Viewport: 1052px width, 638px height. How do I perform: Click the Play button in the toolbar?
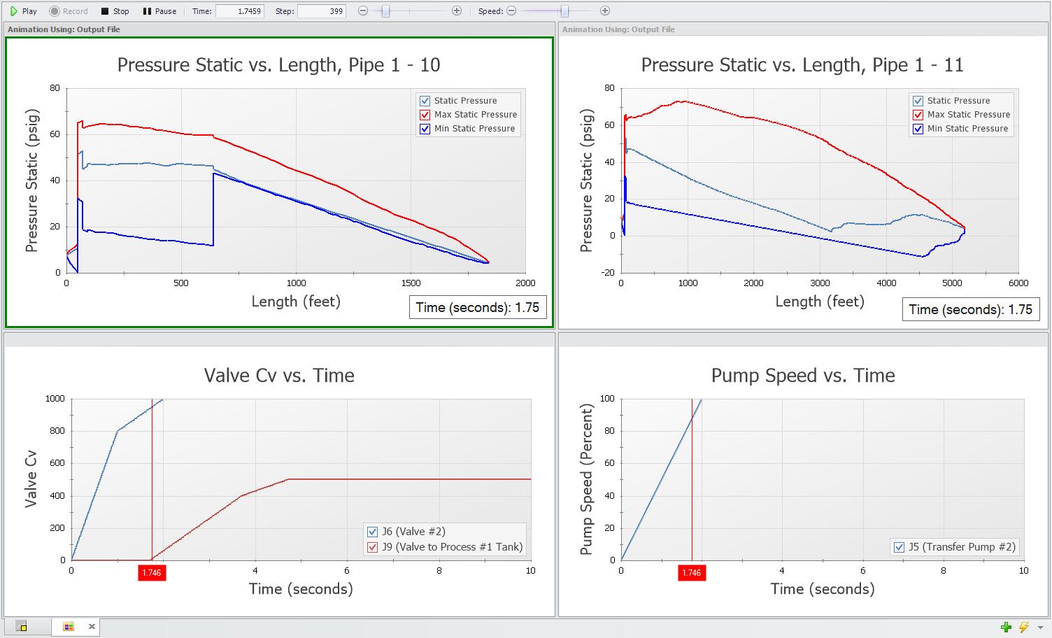tap(23, 11)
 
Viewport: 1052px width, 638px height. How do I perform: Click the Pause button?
tap(159, 11)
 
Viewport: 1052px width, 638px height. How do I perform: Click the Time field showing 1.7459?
tap(240, 11)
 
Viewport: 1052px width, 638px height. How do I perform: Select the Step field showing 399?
tap(322, 11)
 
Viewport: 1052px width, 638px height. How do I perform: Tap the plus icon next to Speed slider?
tap(605, 11)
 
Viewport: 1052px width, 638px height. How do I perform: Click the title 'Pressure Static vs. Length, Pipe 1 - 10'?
tap(278, 65)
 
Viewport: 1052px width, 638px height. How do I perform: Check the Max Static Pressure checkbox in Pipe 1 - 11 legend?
tap(918, 115)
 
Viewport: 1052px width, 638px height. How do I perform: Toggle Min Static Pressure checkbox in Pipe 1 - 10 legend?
tap(425, 129)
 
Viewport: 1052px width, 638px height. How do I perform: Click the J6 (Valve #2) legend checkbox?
tap(373, 532)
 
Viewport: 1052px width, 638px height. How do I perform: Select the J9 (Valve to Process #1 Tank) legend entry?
tap(452, 547)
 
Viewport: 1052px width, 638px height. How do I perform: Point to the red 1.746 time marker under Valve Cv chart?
tap(152, 573)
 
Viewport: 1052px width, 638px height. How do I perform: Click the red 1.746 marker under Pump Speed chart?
tap(691, 573)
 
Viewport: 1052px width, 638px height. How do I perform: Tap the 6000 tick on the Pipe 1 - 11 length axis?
tap(1018, 283)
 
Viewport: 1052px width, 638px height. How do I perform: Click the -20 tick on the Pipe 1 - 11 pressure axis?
tap(609, 273)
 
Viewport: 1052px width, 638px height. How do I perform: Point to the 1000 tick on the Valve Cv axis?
tap(55, 399)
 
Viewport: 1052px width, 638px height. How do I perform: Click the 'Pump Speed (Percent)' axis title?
tap(587, 479)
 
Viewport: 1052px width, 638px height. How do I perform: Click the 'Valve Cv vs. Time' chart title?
tap(279, 376)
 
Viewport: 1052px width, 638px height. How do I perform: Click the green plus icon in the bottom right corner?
tap(1006, 627)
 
